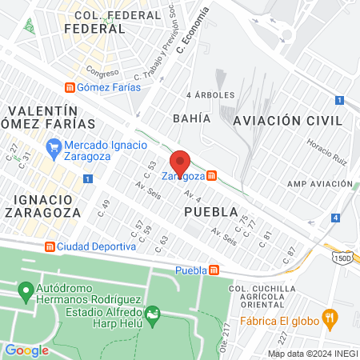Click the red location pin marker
(180, 163)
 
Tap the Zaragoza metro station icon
(211, 175)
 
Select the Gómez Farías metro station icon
(70, 87)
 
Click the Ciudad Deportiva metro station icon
(50, 246)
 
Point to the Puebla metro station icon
(214, 270)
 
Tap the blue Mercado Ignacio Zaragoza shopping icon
(54, 146)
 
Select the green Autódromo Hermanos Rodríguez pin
(25, 288)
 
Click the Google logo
(26, 350)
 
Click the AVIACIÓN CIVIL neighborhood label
(287, 120)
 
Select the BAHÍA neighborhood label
(191, 118)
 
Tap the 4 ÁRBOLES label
(210, 94)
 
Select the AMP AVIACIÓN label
(318, 183)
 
